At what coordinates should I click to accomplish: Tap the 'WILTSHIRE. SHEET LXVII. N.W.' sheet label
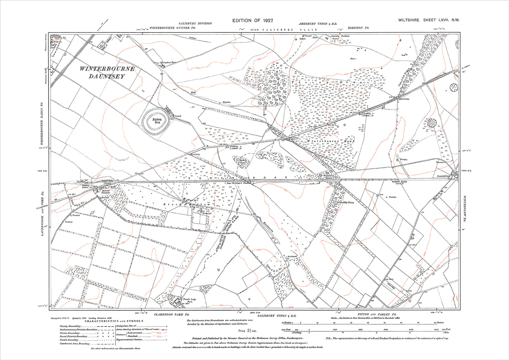click(x=429, y=20)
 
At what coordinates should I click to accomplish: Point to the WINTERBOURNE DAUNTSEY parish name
click(x=107, y=72)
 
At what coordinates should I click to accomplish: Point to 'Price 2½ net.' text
click(x=248, y=331)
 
